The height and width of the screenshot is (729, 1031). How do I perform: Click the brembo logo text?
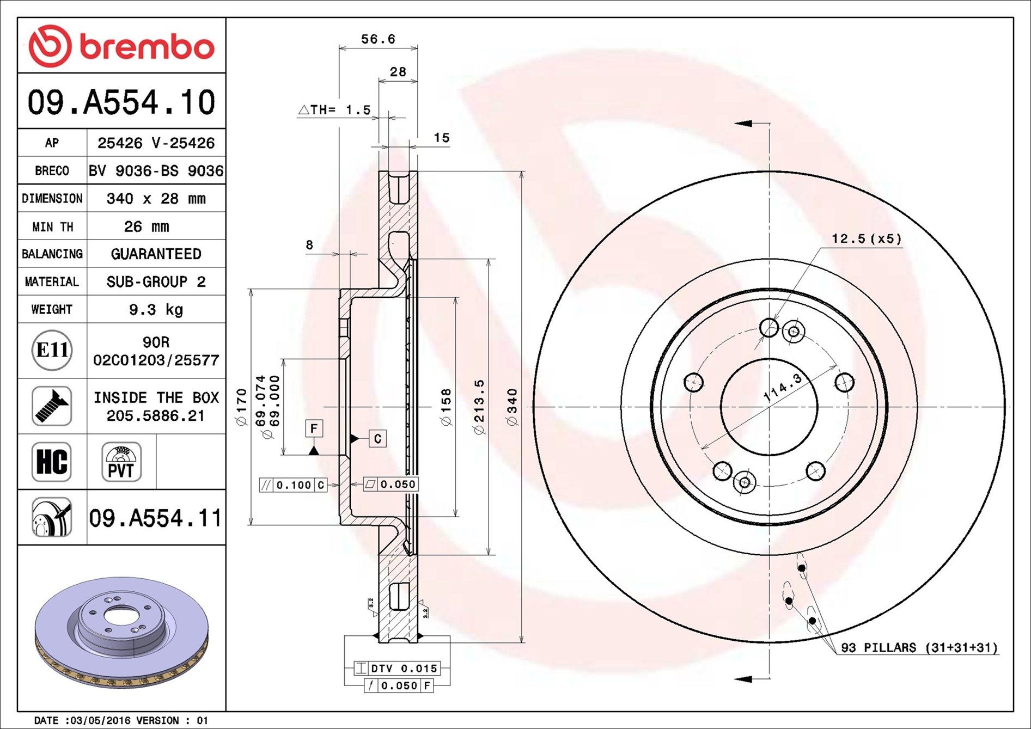click(147, 47)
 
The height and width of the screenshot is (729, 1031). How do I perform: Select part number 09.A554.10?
click(121, 102)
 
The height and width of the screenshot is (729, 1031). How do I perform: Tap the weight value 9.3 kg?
click(156, 310)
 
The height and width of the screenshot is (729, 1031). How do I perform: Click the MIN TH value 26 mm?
click(147, 226)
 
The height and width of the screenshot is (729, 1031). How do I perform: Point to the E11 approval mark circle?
click(52, 350)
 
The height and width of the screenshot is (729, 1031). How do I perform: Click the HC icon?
click(52, 462)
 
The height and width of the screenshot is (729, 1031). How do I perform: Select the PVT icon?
click(121, 462)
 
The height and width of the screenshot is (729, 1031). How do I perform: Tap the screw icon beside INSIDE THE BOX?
click(52, 406)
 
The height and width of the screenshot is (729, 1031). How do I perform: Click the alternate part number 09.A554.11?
click(156, 518)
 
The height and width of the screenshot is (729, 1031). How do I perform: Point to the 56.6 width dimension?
click(378, 39)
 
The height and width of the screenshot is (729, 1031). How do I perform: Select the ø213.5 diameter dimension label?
click(479, 407)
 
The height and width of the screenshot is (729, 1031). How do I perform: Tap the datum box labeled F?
click(314, 428)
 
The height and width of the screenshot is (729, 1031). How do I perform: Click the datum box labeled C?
click(377, 439)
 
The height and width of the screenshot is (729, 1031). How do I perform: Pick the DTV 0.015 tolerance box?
click(398, 668)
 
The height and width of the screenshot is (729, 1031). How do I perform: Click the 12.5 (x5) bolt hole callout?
click(866, 238)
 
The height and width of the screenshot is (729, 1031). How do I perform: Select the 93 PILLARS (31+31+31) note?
click(919, 647)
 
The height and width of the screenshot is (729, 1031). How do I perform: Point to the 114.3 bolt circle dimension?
click(783, 388)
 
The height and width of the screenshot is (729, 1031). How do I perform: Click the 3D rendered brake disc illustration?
click(121, 631)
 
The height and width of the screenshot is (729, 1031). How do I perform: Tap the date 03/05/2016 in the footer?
click(98, 720)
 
